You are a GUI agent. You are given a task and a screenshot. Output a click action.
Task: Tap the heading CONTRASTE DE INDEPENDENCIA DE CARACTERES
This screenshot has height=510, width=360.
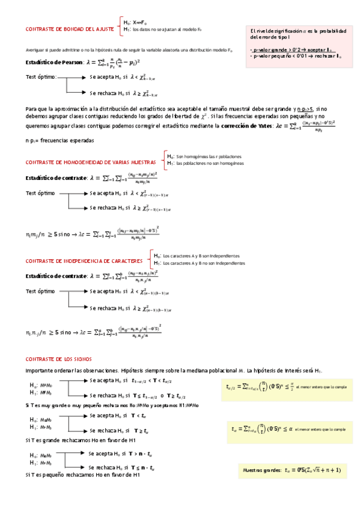[x=84, y=261]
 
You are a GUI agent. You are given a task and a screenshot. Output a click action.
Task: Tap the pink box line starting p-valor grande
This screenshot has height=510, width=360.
[x=291, y=49]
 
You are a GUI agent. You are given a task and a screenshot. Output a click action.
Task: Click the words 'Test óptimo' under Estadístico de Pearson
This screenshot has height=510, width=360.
[x=41, y=78]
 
